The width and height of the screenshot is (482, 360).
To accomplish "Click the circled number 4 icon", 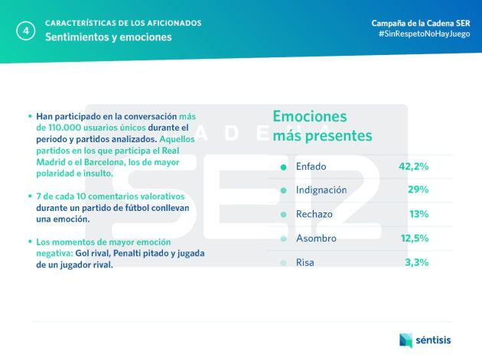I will (x=27, y=31).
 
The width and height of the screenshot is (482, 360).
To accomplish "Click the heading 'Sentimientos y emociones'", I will (x=108, y=37).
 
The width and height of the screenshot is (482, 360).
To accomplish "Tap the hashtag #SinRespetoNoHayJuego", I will (x=424, y=34).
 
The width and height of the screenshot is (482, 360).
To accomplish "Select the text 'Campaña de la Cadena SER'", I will (x=421, y=23).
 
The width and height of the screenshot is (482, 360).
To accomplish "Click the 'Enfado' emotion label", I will (x=311, y=166).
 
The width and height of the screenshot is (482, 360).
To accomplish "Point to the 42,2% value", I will (x=413, y=166).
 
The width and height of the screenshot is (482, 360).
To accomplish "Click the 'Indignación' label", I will (x=321, y=190).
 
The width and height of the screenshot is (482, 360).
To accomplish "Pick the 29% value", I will (x=418, y=190).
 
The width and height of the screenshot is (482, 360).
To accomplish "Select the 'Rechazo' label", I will (x=314, y=214).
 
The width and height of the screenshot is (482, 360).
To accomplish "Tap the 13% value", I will (x=418, y=214).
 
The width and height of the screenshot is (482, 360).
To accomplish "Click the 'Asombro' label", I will (x=315, y=238).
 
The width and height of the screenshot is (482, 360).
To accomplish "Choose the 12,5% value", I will (x=414, y=238).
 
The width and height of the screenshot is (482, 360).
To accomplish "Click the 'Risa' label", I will (x=305, y=262).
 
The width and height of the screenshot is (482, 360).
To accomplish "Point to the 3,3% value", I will (x=416, y=262).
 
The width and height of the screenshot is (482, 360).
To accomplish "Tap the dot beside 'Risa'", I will (x=283, y=263).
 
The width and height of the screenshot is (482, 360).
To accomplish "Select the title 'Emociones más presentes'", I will (x=322, y=126).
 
